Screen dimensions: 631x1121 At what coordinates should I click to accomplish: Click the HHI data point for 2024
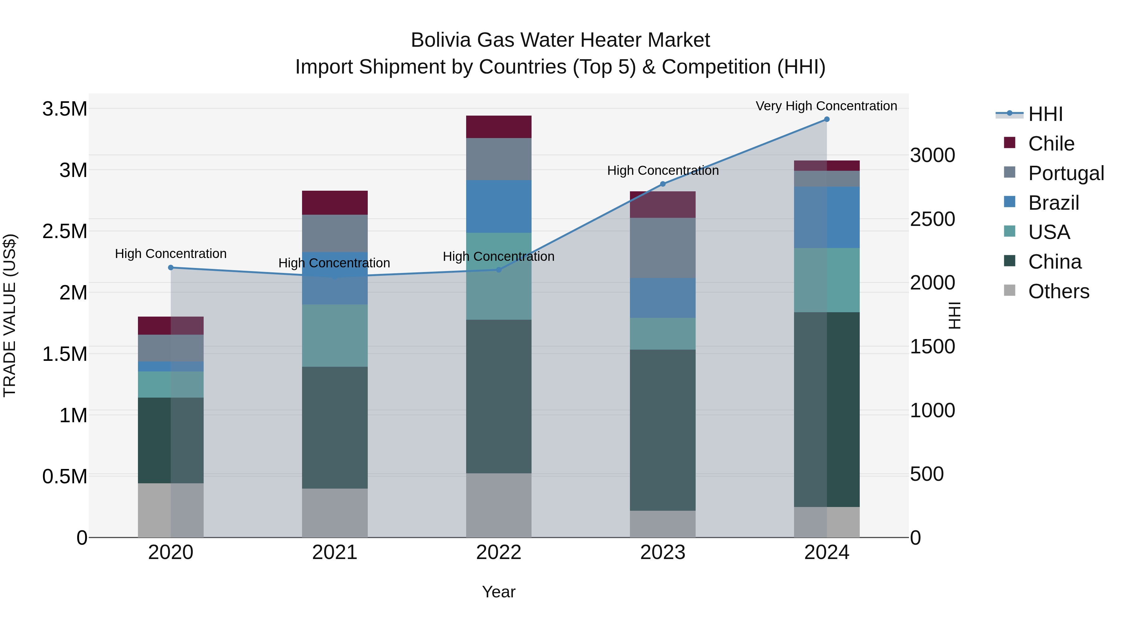click(x=826, y=119)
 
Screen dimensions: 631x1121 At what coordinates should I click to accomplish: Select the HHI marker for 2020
click(x=171, y=267)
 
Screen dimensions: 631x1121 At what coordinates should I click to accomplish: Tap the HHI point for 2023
click(x=663, y=184)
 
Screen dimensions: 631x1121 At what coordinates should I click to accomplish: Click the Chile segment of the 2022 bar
click(x=499, y=127)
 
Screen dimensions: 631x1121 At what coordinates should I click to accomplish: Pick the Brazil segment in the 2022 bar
click(x=499, y=206)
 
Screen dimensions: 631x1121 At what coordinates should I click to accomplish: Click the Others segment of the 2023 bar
click(x=663, y=523)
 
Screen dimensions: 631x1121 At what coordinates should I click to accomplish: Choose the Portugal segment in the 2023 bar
click(x=663, y=247)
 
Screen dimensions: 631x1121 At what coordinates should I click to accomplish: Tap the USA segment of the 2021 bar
click(x=335, y=335)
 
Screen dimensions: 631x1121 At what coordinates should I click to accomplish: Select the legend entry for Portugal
click(x=1066, y=173)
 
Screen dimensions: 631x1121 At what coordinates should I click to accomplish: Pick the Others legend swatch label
click(x=1058, y=291)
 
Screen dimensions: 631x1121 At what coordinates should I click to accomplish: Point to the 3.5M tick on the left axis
click(x=65, y=109)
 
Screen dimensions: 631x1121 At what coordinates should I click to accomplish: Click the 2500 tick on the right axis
click(x=932, y=219)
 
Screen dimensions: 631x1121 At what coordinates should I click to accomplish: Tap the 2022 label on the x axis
click(x=499, y=552)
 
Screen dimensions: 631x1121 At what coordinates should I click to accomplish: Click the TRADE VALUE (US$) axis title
click(x=10, y=315)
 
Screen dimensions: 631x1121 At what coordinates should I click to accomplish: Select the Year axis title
click(x=499, y=592)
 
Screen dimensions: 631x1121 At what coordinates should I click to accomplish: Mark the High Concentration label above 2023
click(x=663, y=170)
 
